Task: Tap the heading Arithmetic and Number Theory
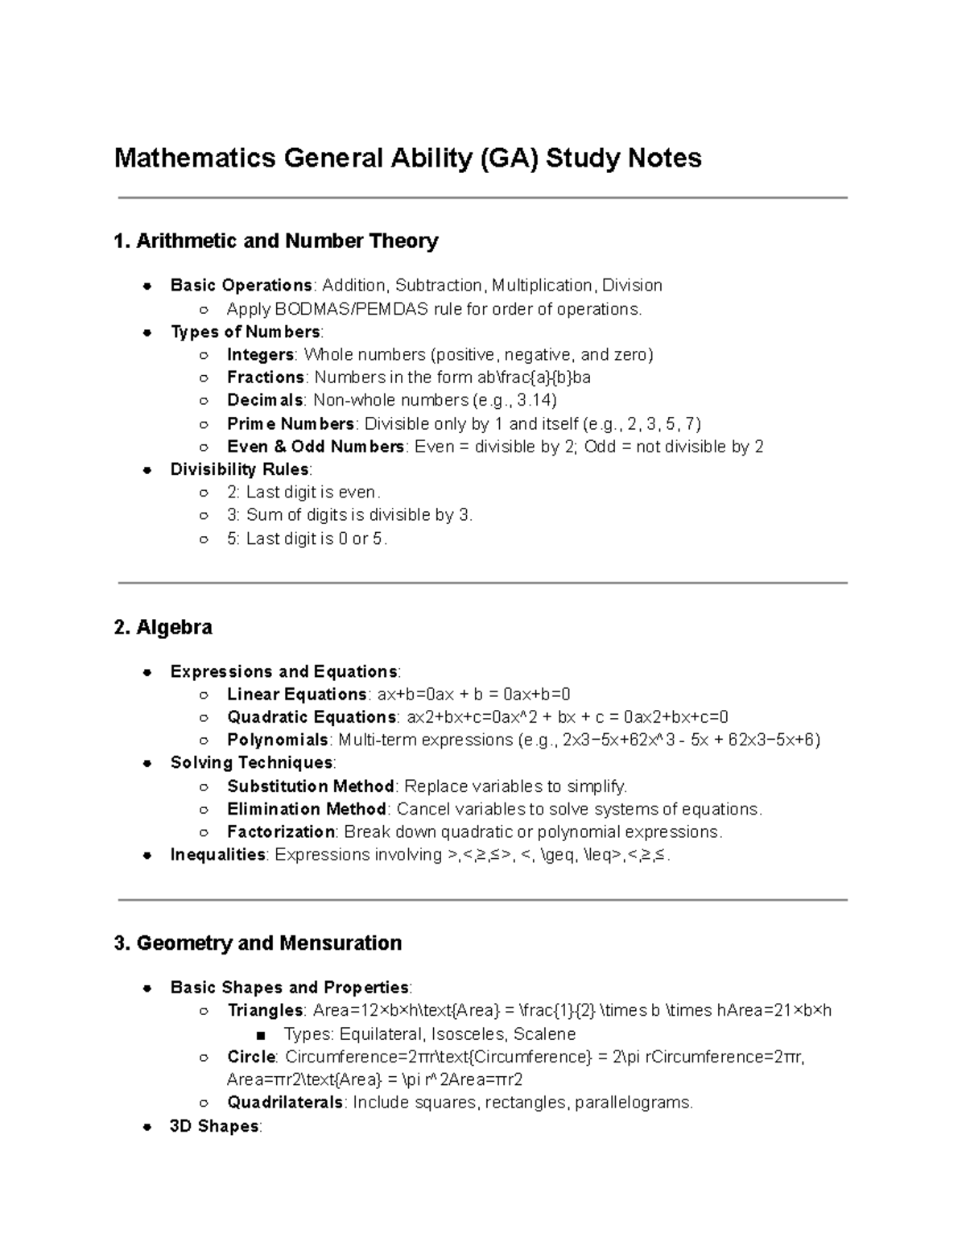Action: (287, 241)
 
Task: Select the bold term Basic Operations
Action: (241, 285)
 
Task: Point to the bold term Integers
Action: (260, 355)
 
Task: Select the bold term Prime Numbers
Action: (290, 423)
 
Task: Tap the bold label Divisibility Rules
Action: (239, 469)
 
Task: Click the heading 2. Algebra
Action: (163, 627)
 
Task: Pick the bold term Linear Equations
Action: (296, 695)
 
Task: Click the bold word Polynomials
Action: (277, 740)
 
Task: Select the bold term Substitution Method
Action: (310, 786)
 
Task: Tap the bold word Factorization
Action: (280, 831)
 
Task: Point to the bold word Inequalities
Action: (217, 855)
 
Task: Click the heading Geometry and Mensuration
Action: (269, 943)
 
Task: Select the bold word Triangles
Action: (265, 1010)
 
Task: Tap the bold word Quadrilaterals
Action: (285, 1103)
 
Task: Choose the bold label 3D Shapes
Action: (214, 1126)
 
